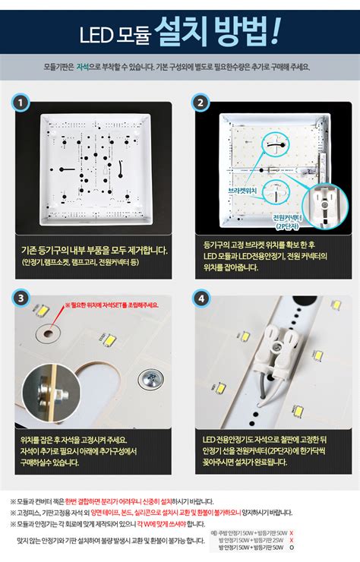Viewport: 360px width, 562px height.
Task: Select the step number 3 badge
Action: coord(22,298)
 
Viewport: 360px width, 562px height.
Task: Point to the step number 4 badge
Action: coord(201,298)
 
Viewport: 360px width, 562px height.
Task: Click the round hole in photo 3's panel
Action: coord(52,333)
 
